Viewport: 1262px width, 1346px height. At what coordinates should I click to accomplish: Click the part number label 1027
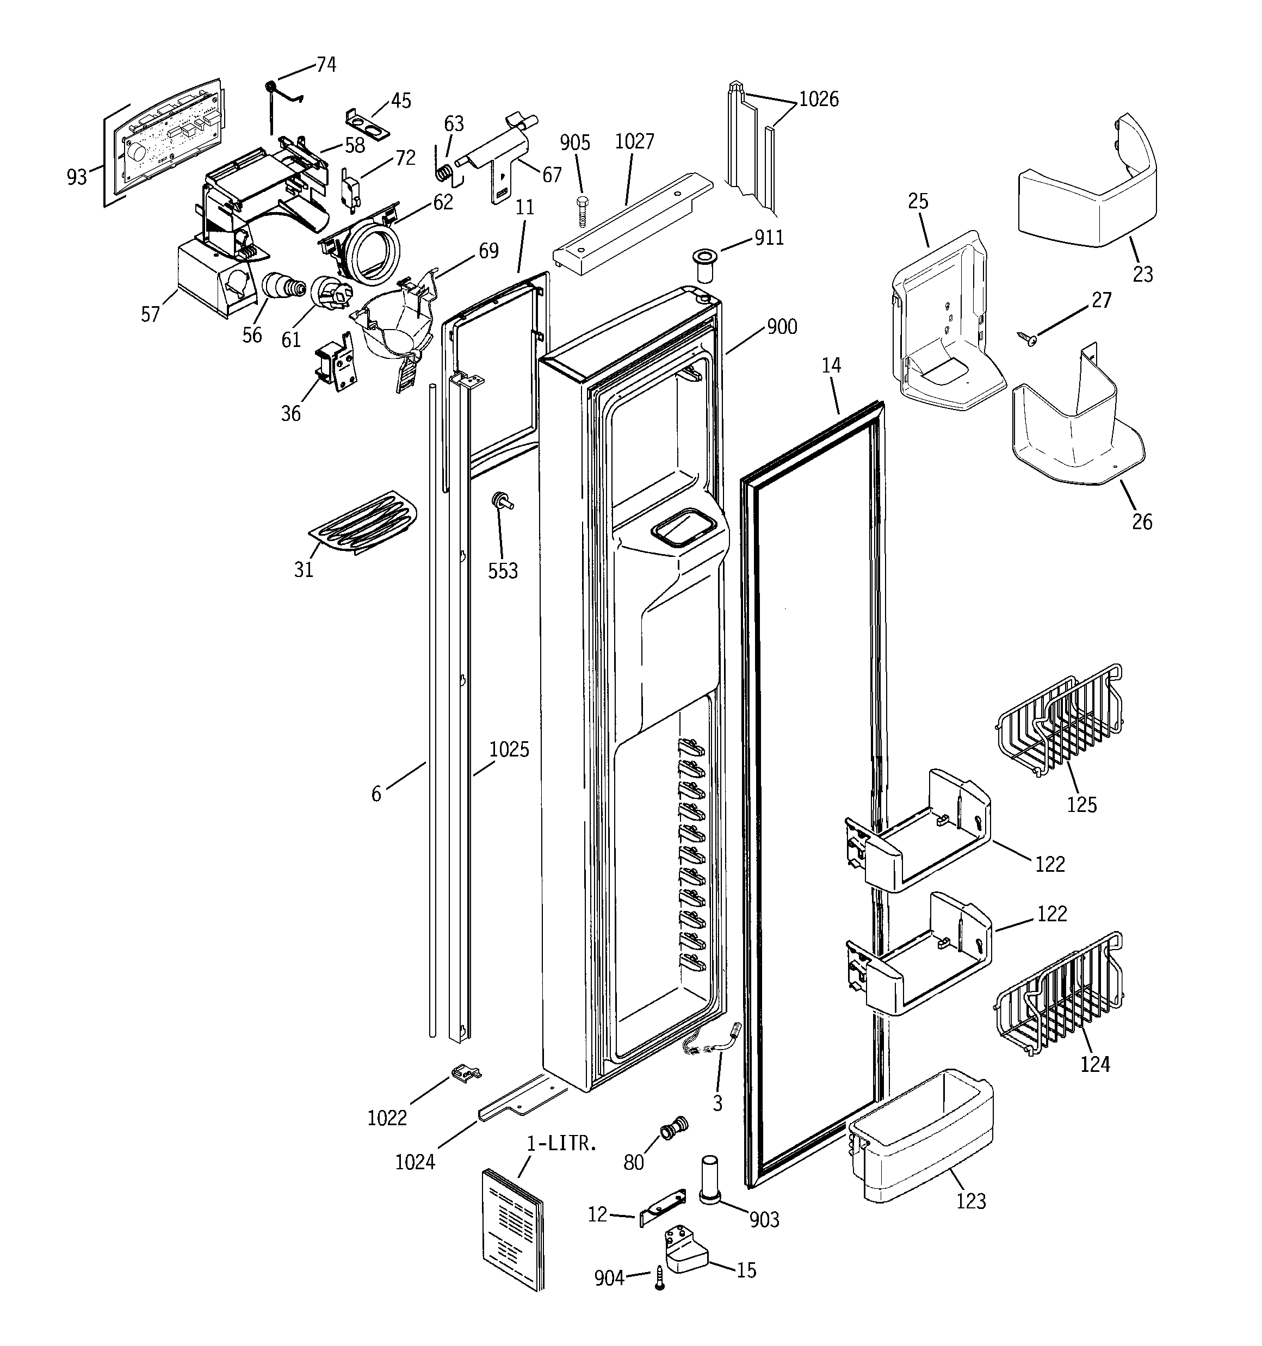pyautogui.click(x=634, y=141)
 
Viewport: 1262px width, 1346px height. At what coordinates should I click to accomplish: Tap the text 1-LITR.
pyautogui.click(x=561, y=1144)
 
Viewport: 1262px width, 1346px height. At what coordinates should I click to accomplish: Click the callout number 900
pyautogui.click(x=782, y=327)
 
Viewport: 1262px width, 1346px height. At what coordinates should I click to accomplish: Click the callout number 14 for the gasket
pyautogui.click(x=831, y=365)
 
